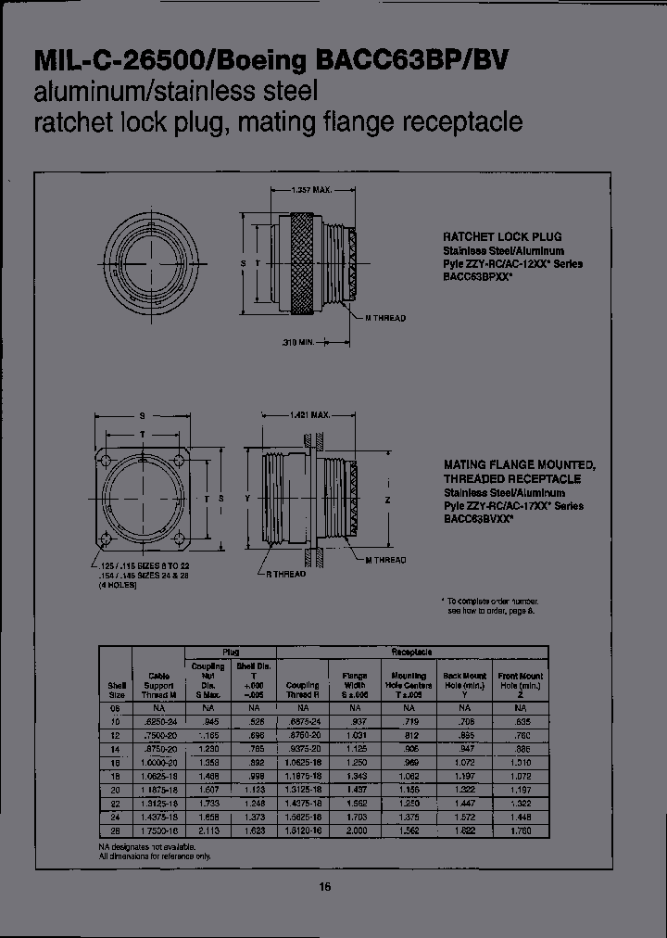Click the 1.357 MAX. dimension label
pyautogui.click(x=311, y=190)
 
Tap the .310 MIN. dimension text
pyautogui.click(x=297, y=343)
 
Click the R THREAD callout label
pyautogui.click(x=286, y=575)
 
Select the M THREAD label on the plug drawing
pyautogui.click(x=384, y=318)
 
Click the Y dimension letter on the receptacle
pyautogui.click(x=248, y=499)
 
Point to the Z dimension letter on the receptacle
pyautogui.click(x=388, y=499)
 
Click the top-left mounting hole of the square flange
pyautogui.click(x=107, y=461)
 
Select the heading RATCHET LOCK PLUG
pyautogui.click(x=502, y=236)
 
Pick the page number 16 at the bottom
pyautogui.click(x=325, y=887)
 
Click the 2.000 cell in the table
pyautogui.click(x=355, y=831)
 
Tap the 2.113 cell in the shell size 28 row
pyautogui.click(x=208, y=831)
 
